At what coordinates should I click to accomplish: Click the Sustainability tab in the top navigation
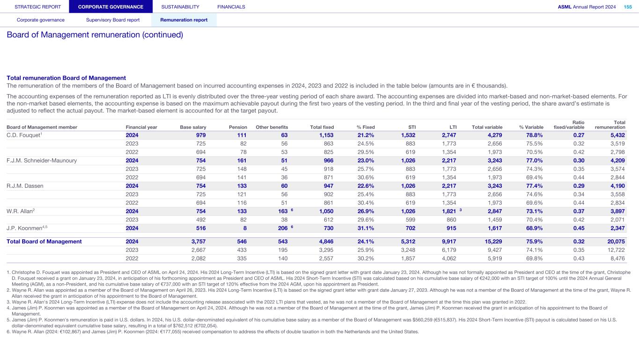180,7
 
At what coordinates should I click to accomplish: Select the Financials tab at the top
231,7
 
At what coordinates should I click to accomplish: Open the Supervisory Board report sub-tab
113,20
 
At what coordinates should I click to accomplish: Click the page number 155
627,7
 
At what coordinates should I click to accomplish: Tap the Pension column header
238,127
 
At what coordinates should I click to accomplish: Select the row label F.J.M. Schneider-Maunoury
41,161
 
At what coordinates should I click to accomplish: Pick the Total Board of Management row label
44,242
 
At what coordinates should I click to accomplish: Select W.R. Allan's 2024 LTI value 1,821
448,211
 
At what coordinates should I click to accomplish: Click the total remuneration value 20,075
616,242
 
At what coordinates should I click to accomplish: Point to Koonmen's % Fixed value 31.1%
366,228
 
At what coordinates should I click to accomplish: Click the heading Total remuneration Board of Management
66,78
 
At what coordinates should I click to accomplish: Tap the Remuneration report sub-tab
184,20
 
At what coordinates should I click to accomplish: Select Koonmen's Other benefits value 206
281,228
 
